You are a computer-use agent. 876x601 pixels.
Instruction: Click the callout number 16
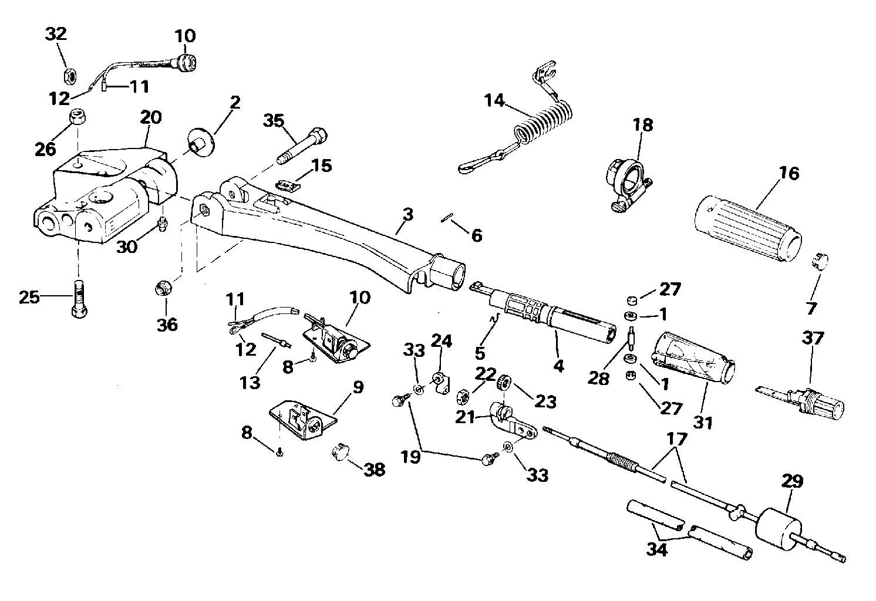pos(789,174)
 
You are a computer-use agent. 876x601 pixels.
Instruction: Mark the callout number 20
pos(150,118)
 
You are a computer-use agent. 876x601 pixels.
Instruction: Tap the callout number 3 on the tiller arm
pos(407,215)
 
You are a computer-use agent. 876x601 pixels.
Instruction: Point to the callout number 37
pos(813,339)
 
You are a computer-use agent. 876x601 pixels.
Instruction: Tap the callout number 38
pos(375,470)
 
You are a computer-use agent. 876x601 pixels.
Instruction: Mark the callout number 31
pos(702,421)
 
